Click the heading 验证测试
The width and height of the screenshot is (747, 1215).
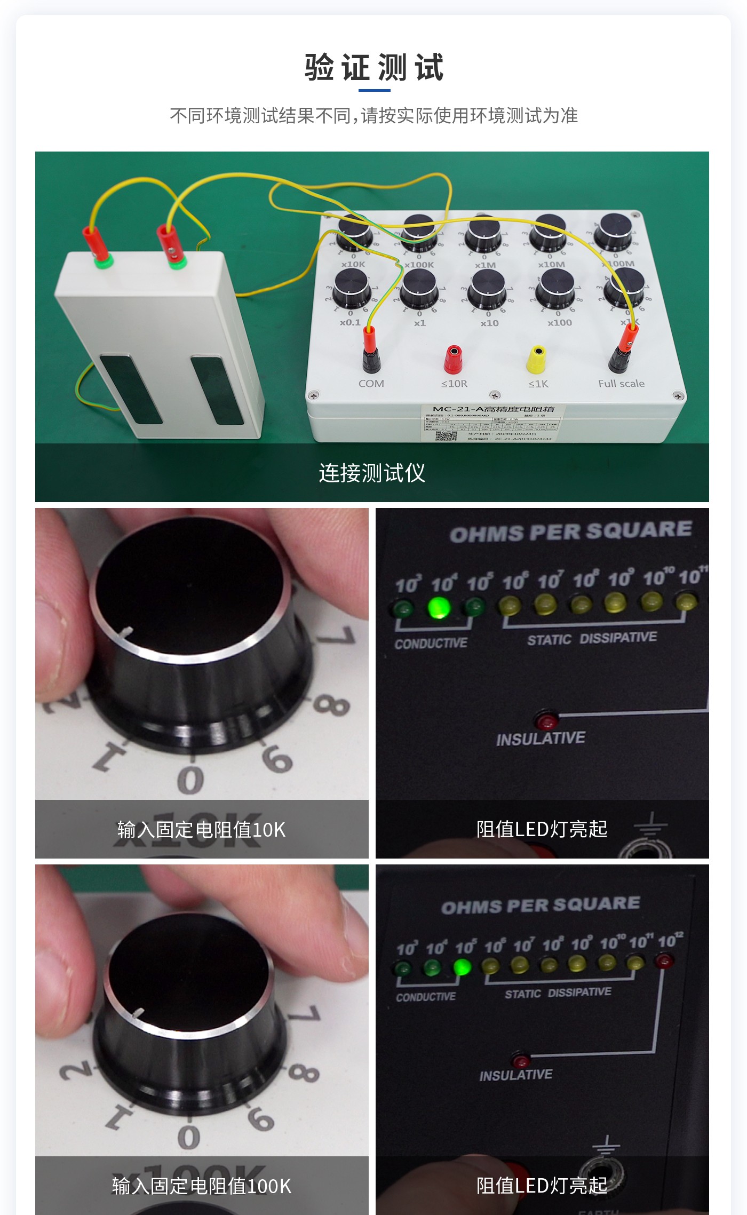pos(373,68)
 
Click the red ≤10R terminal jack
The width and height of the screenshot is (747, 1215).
pos(453,359)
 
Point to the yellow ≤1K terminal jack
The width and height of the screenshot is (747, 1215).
pos(536,359)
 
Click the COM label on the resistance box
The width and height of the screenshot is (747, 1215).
pos(371,384)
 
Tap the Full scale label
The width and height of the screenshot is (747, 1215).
pos(621,384)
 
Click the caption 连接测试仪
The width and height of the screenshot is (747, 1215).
pos(372,473)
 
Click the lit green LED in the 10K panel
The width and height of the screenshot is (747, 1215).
pos(439,607)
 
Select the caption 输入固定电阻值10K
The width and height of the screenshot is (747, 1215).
pos(202,830)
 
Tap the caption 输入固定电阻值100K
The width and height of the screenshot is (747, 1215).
pos(202,1186)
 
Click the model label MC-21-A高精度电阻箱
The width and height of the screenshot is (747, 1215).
pos(493,409)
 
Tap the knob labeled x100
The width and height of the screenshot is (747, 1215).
pos(555,288)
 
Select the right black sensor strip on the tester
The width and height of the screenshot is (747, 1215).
pos(217,390)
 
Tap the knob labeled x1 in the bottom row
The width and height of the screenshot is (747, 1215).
pos(419,288)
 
